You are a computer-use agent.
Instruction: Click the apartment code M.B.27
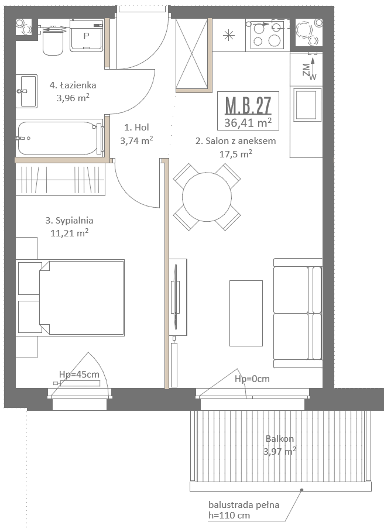[248, 105]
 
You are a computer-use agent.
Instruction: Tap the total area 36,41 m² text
[248, 122]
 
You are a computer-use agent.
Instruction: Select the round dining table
[207, 197]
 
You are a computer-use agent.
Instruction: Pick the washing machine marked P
[87, 36]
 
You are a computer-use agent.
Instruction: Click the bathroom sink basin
[26, 91]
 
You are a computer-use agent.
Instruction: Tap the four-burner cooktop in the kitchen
[267, 35]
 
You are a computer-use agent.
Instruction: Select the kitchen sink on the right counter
[306, 104]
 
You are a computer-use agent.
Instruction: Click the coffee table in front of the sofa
[246, 313]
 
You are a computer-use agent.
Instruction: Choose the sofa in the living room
[297, 313]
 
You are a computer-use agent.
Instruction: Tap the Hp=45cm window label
[79, 374]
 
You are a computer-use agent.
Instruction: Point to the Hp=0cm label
[252, 379]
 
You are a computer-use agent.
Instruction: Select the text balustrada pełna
[244, 505]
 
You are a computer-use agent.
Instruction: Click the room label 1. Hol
[136, 127]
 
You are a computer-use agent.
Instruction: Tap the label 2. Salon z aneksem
[235, 140]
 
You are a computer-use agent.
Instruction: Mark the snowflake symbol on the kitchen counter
[229, 35]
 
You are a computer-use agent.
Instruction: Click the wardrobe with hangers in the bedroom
[60, 180]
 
